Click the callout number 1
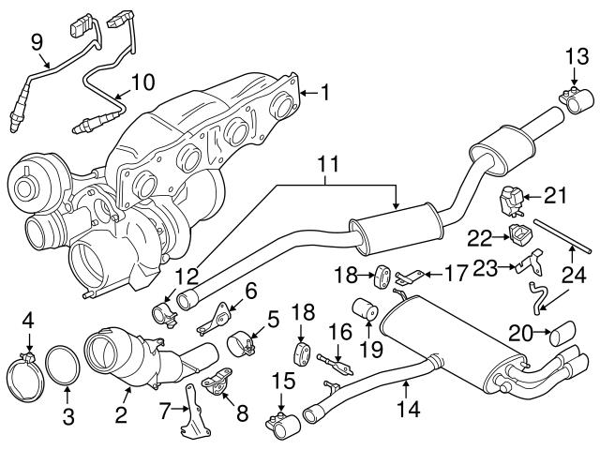pyautogui.click(x=324, y=93)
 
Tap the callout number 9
pyautogui.click(x=37, y=41)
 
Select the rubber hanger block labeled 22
pyautogui.click(x=514, y=232)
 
